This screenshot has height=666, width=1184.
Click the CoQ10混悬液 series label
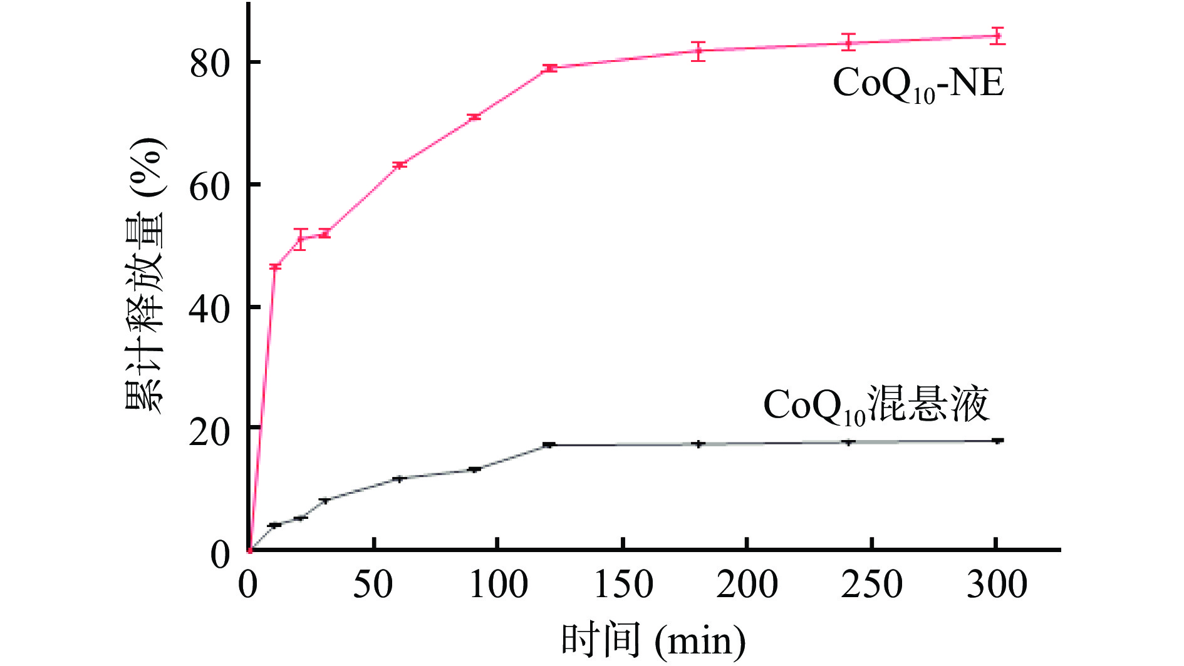876,406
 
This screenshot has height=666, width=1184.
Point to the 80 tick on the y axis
210,63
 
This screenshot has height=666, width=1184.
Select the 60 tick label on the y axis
210,185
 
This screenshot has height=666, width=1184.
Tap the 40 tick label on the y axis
210,308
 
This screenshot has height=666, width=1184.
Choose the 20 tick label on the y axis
210,431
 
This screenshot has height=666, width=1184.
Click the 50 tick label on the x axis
373,585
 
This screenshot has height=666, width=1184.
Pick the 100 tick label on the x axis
499,585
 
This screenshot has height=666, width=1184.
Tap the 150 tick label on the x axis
623,585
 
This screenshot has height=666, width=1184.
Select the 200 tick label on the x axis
747,585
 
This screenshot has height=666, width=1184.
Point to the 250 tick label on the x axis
871,585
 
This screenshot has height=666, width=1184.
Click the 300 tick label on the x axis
996,585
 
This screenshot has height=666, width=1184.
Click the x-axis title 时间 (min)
652,640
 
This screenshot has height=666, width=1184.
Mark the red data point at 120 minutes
550,68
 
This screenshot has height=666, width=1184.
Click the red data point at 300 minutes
997,36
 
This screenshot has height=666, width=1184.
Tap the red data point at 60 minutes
400,165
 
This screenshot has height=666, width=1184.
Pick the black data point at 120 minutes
549,444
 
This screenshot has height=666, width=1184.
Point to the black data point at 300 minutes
997,441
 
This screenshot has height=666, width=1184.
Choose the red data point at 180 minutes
698,51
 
